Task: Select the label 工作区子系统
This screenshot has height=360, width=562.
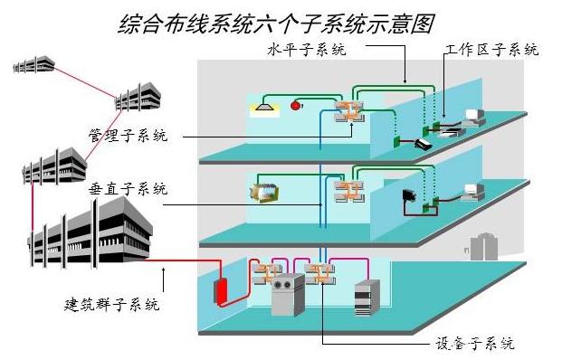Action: [x=491, y=50]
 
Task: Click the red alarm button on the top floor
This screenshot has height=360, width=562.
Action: [x=295, y=107]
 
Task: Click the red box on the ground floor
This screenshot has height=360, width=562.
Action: [x=220, y=291]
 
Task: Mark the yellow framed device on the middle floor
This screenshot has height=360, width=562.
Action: [x=264, y=192]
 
